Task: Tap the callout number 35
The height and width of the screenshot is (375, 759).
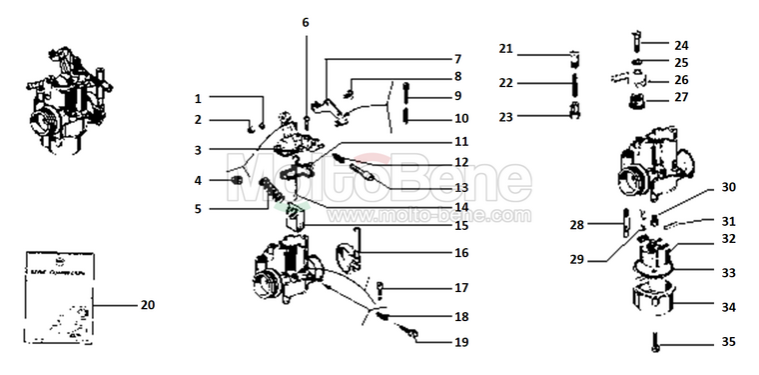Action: (729, 342)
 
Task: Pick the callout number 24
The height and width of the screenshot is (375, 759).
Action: (680, 45)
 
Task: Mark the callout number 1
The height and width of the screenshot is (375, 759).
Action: (198, 99)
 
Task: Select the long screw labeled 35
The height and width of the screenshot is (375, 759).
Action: (654, 343)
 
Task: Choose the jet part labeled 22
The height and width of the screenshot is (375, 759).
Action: (575, 82)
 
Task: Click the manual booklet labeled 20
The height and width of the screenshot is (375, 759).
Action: (57, 292)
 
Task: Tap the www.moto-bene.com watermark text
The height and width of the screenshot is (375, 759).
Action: (419, 215)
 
